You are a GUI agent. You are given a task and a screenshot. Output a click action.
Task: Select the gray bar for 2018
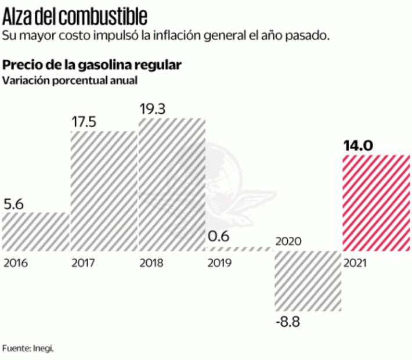(x=172, y=184)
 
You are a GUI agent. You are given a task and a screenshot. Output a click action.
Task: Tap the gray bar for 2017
(x=104, y=190)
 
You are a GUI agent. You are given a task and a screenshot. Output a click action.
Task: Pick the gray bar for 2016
(x=36, y=231)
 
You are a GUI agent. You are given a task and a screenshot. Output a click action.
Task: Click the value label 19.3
(x=152, y=109)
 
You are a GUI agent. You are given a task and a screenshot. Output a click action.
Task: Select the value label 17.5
(x=84, y=122)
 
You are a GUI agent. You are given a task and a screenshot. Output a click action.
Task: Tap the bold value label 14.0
(x=357, y=145)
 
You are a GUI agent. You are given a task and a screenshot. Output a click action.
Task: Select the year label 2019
(x=219, y=262)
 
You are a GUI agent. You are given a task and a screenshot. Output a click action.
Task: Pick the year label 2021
(x=355, y=262)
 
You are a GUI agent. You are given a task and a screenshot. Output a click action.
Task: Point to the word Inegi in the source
(x=48, y=348)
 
